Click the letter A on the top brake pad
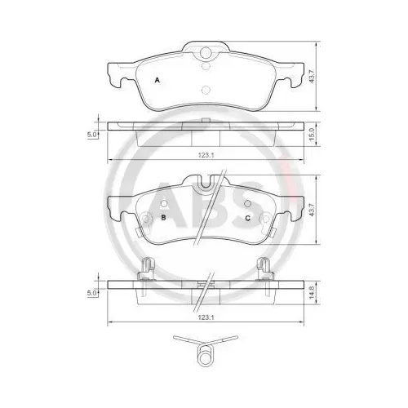click(157, 80)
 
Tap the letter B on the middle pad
click(164, 218)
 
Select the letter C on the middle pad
click(246, 218)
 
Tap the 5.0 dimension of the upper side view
click(92, 133)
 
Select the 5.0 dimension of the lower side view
click(92, 291)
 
